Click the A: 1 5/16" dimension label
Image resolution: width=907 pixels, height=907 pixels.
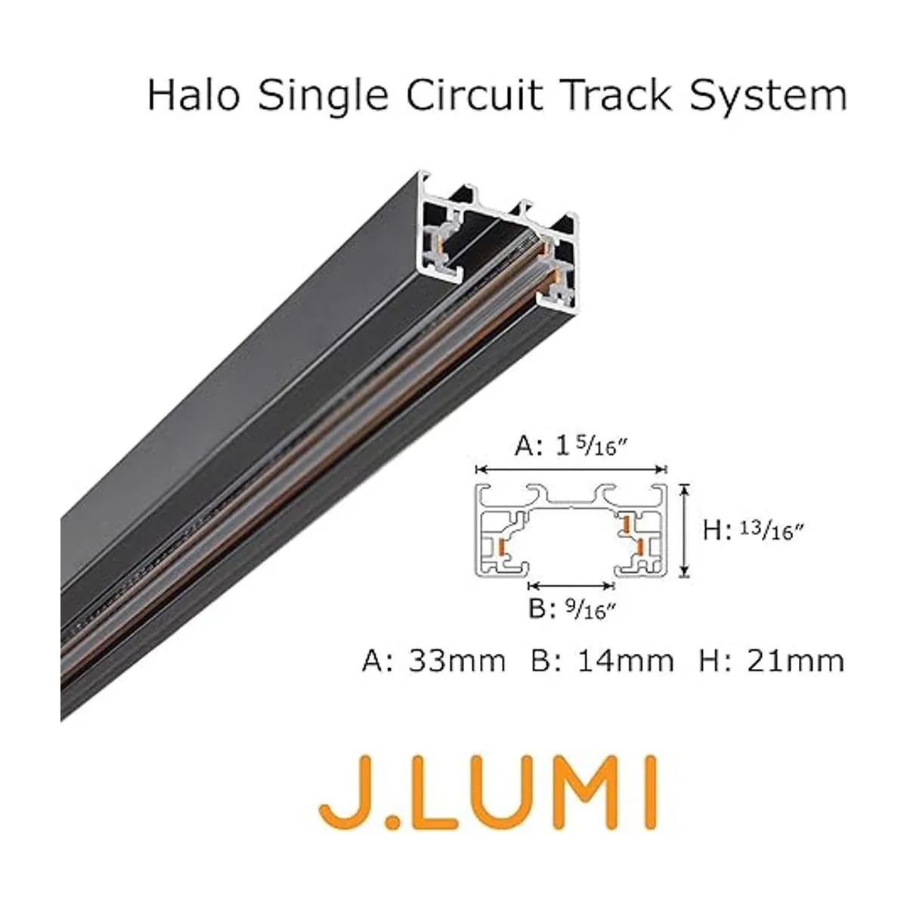pyautogui.click(x=572, y=447)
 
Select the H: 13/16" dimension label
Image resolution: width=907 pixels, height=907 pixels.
pyautogui.click(x=751, y=531)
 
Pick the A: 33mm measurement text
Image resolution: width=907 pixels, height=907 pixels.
pyautogui.click(x=434, y=661)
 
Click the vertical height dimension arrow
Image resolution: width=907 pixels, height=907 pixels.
pyautogui.click(x=685, y=531)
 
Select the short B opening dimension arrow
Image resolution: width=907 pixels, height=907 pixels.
pyautogui.click(x=571, y=585)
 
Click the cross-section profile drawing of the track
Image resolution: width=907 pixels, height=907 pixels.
pyautogui.click(x=572, y=531)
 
